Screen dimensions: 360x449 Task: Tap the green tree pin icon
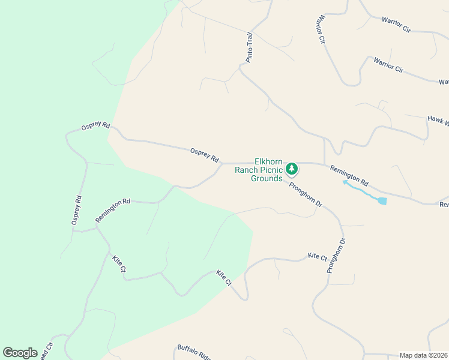tap(292, 169)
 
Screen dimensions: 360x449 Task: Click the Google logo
tap(20, 353)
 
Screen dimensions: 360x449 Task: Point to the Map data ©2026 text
tap(424, 355)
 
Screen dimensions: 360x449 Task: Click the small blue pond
tap(382, 201)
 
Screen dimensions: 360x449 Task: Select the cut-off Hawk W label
tap(438, 121)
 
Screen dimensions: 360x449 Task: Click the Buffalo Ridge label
tap(193, 352)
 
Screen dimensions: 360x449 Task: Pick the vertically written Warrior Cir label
tap(319, 29)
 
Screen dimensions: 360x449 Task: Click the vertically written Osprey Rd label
tap(76, 211)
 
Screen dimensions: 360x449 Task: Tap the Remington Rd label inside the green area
tap(113, 211)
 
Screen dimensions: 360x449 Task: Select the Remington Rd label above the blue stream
tap(349, 174)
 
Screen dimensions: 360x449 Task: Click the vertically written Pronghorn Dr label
tap(337, 256)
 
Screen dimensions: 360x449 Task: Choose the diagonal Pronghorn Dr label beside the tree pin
tap(306, 195)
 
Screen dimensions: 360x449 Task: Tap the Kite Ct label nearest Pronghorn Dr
tap(317, 257)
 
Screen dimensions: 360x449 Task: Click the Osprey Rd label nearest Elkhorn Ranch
tap(204, 155)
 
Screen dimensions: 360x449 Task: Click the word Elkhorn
tap(269, 161)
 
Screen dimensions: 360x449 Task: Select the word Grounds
tap(267, 178)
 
